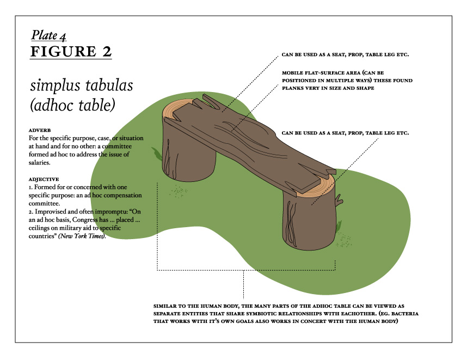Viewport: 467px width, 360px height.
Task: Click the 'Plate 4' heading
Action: (x=49, y=35)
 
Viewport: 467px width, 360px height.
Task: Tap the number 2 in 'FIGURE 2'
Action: (x=106, y=52)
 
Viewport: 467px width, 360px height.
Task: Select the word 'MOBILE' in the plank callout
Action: (x=294, y=72)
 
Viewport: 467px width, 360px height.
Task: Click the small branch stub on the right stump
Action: (x=340, y=202)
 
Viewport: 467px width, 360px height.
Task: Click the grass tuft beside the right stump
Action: (x=340, y=224)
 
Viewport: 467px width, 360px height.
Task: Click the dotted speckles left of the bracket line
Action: (x=177, y=191)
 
